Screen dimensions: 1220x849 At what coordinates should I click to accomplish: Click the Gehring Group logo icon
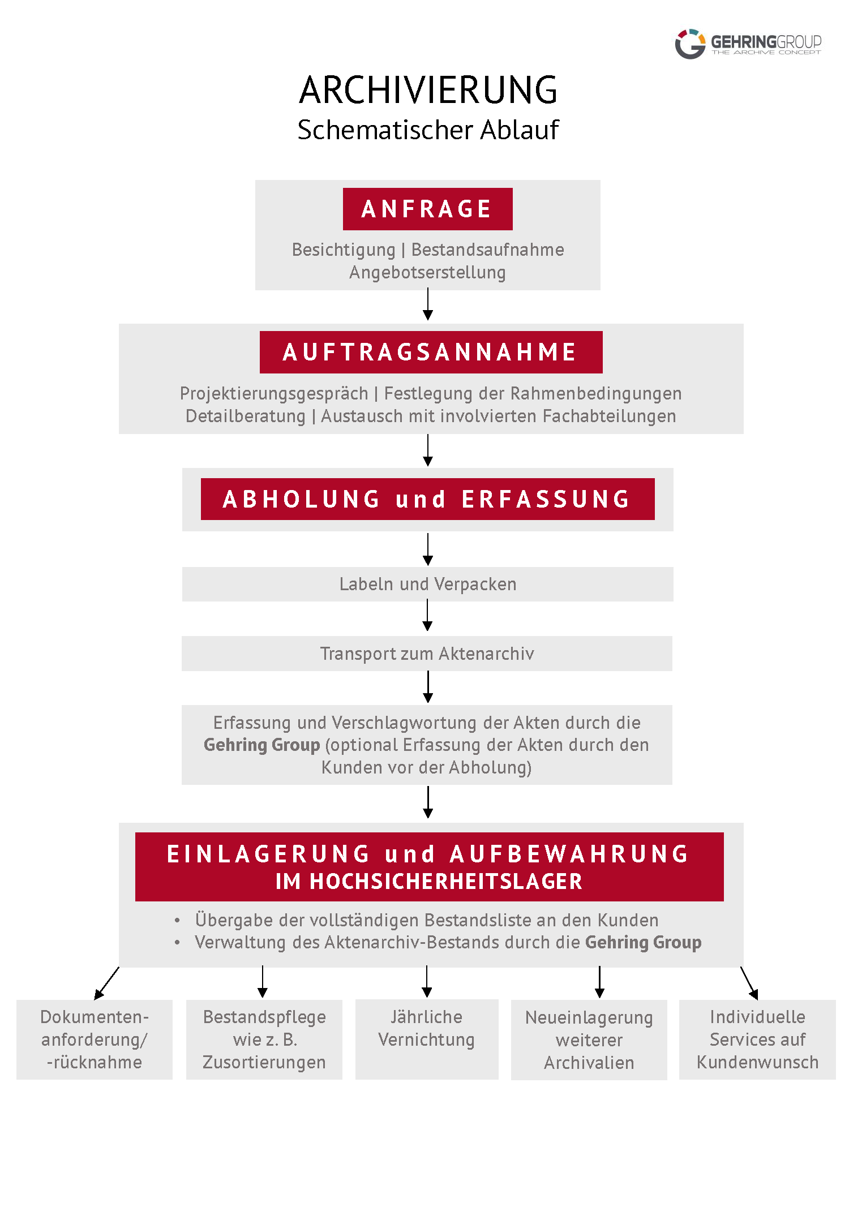690,44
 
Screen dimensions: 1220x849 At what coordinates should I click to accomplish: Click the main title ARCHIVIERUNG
428,91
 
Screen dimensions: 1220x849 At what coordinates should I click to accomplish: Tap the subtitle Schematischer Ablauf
428,130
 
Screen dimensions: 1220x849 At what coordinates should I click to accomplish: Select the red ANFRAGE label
427,209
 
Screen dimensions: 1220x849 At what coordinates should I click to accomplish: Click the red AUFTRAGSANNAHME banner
431,352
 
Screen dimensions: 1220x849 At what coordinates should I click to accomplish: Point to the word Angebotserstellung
427,272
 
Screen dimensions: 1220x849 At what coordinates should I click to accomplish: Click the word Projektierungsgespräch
274,393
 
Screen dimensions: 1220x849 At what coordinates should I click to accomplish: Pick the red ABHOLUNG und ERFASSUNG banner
427,499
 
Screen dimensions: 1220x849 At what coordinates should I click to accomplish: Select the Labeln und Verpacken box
427,584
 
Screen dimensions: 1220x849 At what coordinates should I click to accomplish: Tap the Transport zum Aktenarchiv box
427,654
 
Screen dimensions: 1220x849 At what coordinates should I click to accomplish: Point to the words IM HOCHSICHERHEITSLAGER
429,882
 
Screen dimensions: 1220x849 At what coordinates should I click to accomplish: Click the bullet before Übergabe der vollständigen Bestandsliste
177,921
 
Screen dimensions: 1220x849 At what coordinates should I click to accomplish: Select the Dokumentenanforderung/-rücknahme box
95,1039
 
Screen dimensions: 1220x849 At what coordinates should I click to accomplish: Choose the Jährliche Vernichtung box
427,1039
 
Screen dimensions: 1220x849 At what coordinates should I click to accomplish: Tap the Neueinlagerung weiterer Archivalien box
589,1039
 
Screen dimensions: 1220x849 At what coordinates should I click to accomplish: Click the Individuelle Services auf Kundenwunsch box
757,1039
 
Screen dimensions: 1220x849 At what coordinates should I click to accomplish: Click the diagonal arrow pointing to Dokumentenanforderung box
106,983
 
